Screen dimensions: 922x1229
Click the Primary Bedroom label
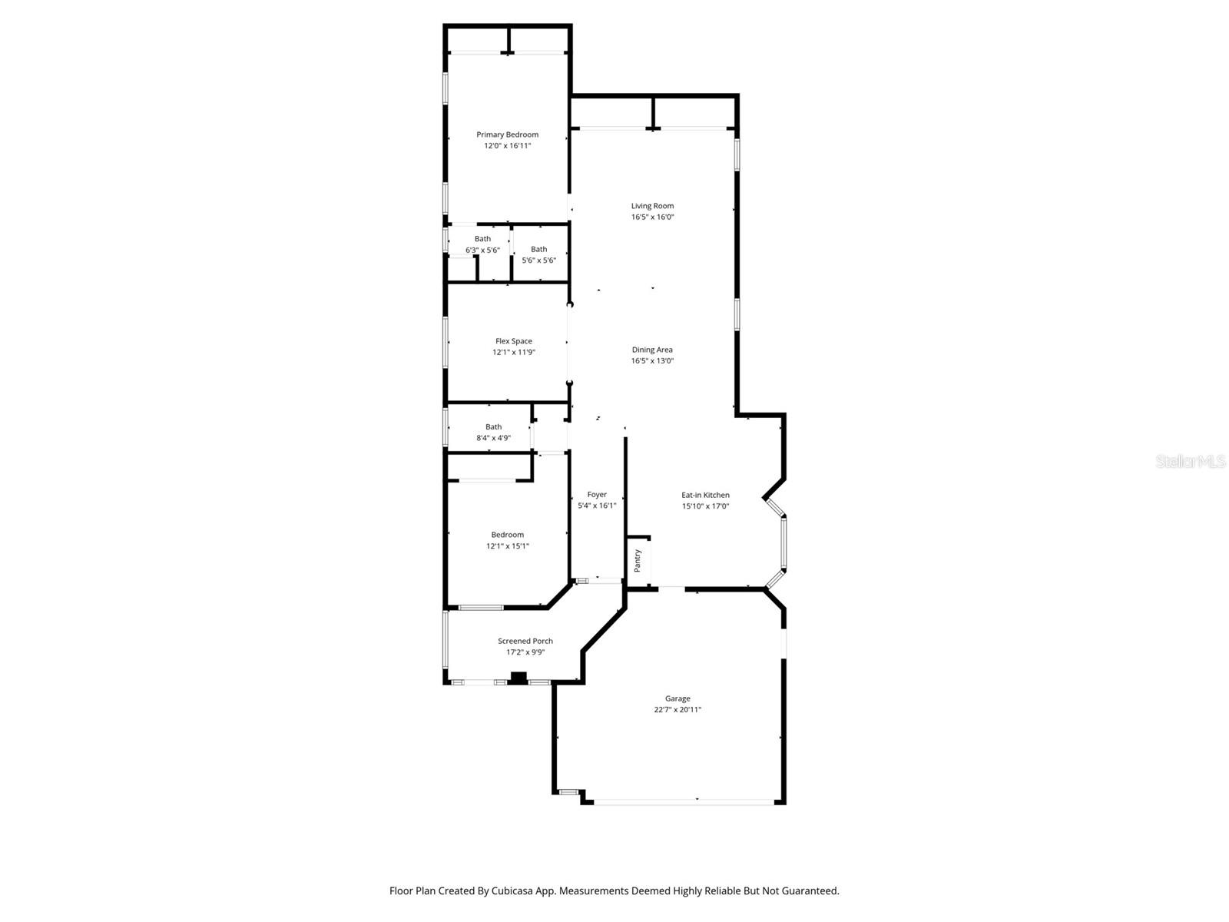tap(507, 134)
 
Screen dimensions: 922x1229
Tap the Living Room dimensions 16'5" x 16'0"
tap(652, 217)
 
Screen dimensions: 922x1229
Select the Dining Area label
tap(652, 350)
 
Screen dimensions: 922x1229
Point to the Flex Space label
tap(513, 341)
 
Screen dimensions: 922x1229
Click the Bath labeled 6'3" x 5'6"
tap(482, 244)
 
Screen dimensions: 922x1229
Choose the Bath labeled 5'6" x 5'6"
tap(539, 254)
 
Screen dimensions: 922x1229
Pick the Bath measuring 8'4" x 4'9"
tap(493, 433)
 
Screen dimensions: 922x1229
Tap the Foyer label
tap(597, 495)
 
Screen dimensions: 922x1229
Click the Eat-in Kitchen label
tap(705, 496)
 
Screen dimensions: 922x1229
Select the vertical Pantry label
tap(638, 560)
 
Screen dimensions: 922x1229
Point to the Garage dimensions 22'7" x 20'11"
tap(677, 710)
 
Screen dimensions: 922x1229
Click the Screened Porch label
tap(525, 641)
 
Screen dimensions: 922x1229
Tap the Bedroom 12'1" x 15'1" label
tap(507, 540)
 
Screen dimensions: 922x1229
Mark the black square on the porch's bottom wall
tap(519, 678)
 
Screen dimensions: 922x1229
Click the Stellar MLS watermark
tap(1191, 461)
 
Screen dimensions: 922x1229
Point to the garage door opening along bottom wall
tap(684, 801)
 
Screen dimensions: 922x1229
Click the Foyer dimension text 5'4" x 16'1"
tap(597, 506)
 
